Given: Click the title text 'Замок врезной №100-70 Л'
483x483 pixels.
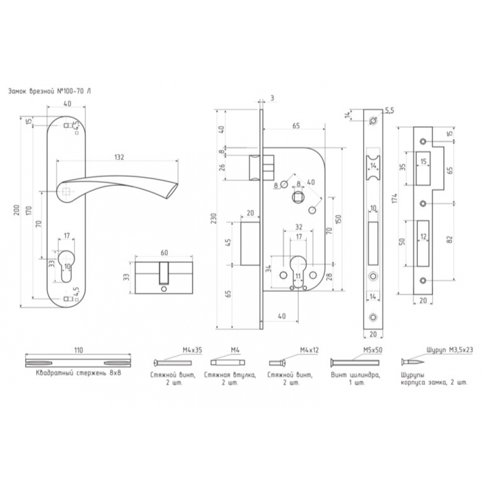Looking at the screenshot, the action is pyautogui.click(x=49, y=91).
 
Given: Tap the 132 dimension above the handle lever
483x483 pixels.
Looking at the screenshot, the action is pyautogui.click(x=119, y=157).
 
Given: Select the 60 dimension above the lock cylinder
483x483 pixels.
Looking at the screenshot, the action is pyautogui.click(x=164, y=253).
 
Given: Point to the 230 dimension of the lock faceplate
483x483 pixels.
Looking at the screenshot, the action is pyautogui.click(x=214, y=218).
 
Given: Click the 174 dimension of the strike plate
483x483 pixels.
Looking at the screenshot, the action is pyautogui.click(x=395, y=198).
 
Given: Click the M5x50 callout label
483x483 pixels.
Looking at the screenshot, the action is pyautogui.click(x=372, y=350).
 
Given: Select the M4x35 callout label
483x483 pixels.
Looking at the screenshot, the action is pyautogui.click(x=192, y=350).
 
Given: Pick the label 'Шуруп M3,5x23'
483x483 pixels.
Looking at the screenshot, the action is pyautogui.click(x=450, y=350).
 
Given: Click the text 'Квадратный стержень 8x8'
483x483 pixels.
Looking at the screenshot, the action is pyautogui.click(x=79, y=373).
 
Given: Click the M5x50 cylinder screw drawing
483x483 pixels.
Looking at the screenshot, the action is pyautogui.click(x=355, y=363).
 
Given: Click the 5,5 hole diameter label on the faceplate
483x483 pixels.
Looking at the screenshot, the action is pyautogui.click(x=389, y=111).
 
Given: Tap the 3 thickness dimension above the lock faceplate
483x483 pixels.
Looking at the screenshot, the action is pyautogui.click(x=272, y=98).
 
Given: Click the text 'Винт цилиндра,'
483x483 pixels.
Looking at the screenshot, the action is pyautogui.click(x=355, y=375).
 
